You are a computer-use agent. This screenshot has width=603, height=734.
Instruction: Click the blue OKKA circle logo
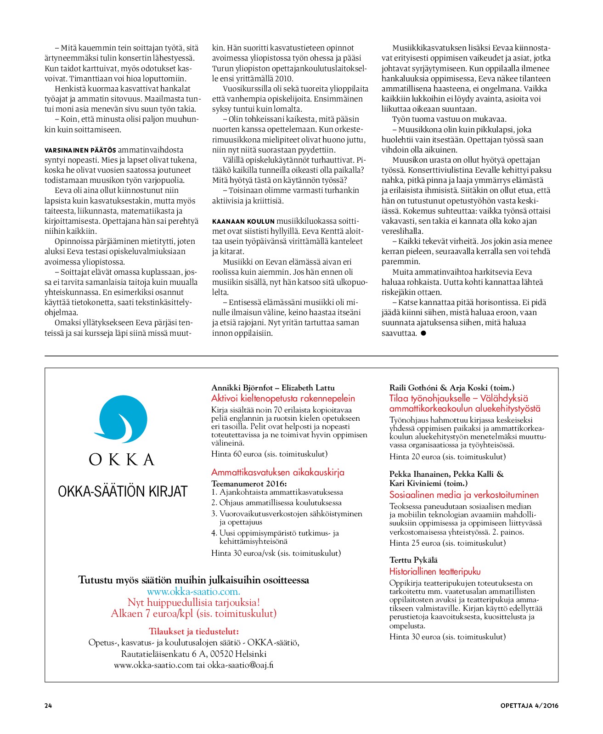[x=123, y=419]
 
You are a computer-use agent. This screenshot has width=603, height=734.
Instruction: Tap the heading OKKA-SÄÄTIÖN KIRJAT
[x=123, y=491]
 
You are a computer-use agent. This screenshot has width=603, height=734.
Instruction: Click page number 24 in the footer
[x=48, y=706]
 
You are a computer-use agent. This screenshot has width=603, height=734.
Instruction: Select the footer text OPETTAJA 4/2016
[x=529, y=706]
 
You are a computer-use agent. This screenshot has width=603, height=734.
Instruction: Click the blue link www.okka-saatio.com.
[x=193, y=591]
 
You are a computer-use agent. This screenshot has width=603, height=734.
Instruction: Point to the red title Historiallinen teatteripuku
[x=434, y=571]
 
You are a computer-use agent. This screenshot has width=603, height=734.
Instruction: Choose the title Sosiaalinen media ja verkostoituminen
[x=464, y=495]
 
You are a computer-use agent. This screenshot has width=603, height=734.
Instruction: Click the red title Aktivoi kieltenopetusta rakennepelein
[x=283, y=398]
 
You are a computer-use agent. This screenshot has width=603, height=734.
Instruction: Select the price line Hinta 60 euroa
[x=269, y=454]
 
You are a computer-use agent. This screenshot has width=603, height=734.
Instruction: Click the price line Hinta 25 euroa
[x=447, y=543]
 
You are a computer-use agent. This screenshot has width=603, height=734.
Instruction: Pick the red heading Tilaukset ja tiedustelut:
[x=194, y=631]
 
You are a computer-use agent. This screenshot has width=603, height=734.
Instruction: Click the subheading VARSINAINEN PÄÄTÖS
[x=80, y=150]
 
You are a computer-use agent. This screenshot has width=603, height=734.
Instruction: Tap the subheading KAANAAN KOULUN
[x=243, y=221]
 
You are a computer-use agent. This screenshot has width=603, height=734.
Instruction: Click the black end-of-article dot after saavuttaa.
[x=423, y=333]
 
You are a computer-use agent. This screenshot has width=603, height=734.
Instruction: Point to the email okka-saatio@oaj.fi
[x=240, y=665]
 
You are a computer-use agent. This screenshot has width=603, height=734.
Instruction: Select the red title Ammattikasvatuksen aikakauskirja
[x=277, y=472]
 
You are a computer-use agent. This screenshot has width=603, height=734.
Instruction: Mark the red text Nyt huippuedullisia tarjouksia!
[x=194, y=602]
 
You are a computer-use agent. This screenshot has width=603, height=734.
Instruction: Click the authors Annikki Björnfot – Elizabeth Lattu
[x=273, y=388]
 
